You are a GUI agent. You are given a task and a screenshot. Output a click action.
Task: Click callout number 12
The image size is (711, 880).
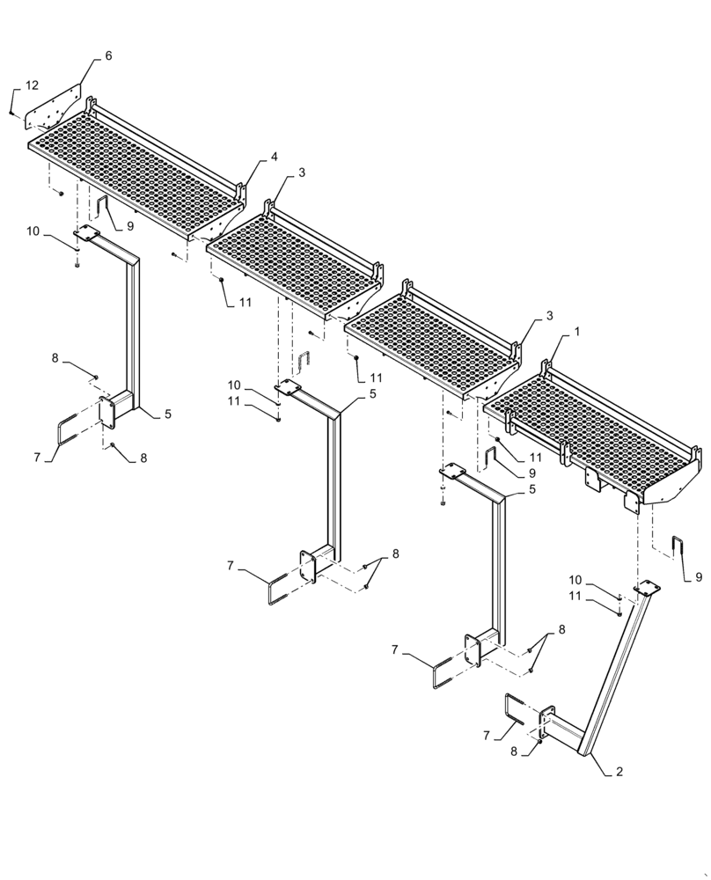point(32,85)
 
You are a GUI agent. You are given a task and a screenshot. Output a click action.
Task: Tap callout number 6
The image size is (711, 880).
point(108,55)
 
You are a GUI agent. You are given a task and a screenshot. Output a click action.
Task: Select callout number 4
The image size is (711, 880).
point(275,157)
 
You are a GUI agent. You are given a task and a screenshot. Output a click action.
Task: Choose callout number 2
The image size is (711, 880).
point(619,772)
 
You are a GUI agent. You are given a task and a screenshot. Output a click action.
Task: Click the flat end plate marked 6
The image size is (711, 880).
point(52,110)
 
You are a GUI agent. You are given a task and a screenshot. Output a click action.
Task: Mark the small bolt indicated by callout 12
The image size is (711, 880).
point(11,114)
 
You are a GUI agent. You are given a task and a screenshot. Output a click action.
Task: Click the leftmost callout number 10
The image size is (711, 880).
point(33,231)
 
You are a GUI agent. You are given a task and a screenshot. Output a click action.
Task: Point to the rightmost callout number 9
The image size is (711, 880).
point(699,577)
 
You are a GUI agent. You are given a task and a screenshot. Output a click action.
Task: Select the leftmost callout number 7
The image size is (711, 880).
point(36,457)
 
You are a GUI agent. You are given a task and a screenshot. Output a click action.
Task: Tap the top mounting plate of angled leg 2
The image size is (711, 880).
point(647,588)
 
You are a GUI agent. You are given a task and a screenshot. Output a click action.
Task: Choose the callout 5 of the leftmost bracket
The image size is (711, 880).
point(167,414)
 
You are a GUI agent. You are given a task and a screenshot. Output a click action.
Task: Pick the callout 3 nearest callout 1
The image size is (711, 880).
point(549,315)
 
